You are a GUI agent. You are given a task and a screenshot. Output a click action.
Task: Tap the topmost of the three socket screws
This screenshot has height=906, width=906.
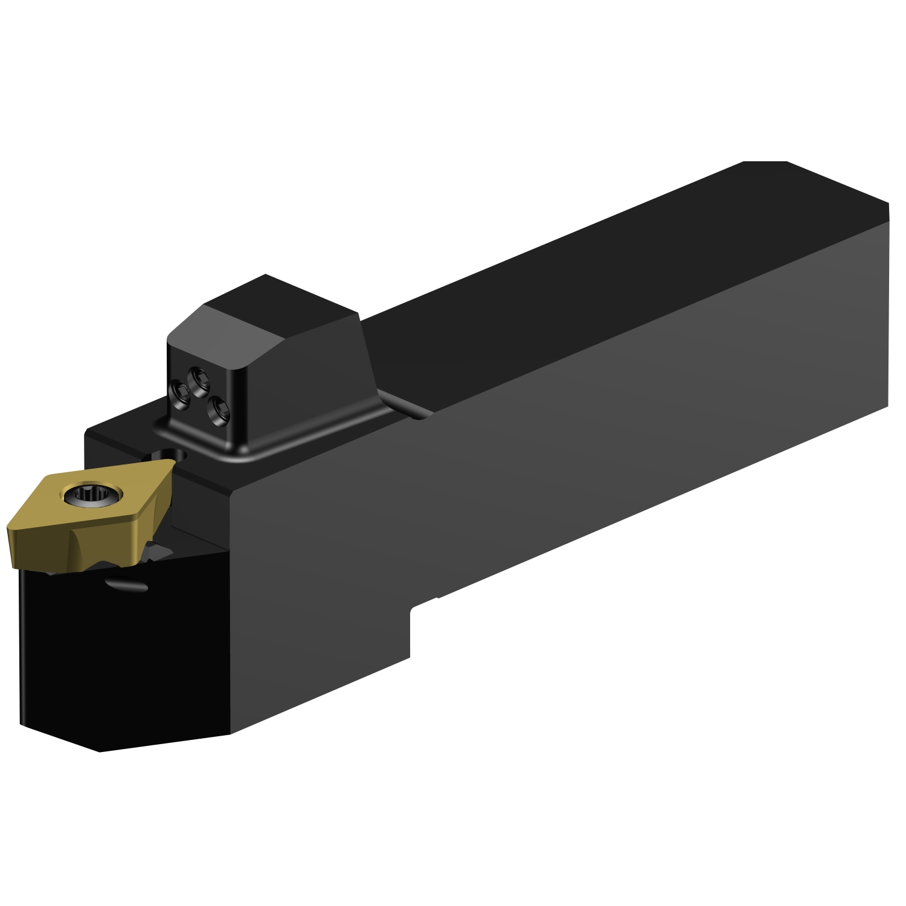pos(195,378)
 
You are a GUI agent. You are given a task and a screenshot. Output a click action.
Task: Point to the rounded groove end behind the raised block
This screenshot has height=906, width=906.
pos(423,413)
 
